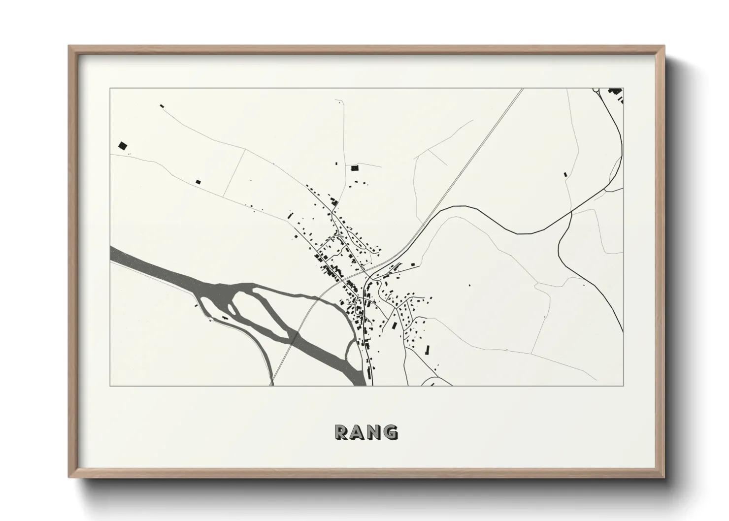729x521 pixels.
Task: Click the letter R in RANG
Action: [342, 432]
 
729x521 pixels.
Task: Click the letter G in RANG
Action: [391, 432]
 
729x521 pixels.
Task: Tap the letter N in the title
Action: [375, 432]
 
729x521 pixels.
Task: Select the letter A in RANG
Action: [358, 432]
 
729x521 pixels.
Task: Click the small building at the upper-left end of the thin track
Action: [161, 105]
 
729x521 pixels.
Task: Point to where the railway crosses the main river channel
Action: [295, 338]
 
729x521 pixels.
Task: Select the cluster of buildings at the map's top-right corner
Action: [616, 92]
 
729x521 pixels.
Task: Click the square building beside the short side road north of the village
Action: [354, 168]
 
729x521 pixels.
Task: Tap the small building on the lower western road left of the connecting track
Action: [199, 182]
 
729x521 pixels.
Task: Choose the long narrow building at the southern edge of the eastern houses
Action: [427, 350]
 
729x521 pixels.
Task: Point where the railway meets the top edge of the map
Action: [522, 89]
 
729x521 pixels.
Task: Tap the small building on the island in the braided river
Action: [225, 319]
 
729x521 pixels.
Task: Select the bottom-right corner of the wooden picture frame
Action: [664, 477]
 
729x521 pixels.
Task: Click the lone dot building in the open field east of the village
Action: [469, 285]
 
